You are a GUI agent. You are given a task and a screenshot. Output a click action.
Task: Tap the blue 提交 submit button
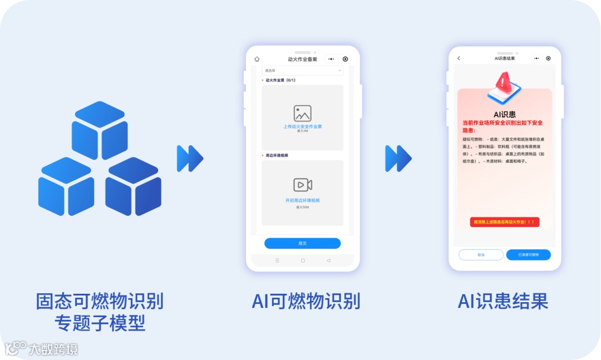pos(302,243)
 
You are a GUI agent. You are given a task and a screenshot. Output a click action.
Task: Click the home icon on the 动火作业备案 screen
pos(257,59)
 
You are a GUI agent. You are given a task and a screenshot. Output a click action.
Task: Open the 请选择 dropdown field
pos(302,71)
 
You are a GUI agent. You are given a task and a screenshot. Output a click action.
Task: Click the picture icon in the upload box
pos(302,113)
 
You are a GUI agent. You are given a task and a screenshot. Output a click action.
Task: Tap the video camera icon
pos(302,185)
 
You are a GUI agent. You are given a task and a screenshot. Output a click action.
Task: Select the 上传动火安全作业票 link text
pos(302,126)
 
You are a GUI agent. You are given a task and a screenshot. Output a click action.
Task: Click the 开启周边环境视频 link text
pos(302,200)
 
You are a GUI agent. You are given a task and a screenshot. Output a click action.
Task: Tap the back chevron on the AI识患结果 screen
pos(459,58)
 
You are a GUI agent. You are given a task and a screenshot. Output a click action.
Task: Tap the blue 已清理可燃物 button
pos(528,255)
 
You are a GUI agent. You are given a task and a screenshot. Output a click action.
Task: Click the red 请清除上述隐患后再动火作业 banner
pos(504,222)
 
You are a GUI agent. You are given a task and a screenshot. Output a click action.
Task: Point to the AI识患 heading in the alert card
pos(504,114)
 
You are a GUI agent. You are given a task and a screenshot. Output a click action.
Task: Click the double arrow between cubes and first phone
pos(190,159)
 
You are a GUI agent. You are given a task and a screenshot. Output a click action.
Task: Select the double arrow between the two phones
pos(398,159)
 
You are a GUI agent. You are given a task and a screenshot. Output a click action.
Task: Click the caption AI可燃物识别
pos(306,301)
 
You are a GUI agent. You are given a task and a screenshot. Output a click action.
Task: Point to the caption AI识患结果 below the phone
pos(503,301)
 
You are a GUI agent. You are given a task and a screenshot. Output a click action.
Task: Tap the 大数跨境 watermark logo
pos(42,349)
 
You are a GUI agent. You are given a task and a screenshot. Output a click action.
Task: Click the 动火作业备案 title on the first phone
pos(302,59)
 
